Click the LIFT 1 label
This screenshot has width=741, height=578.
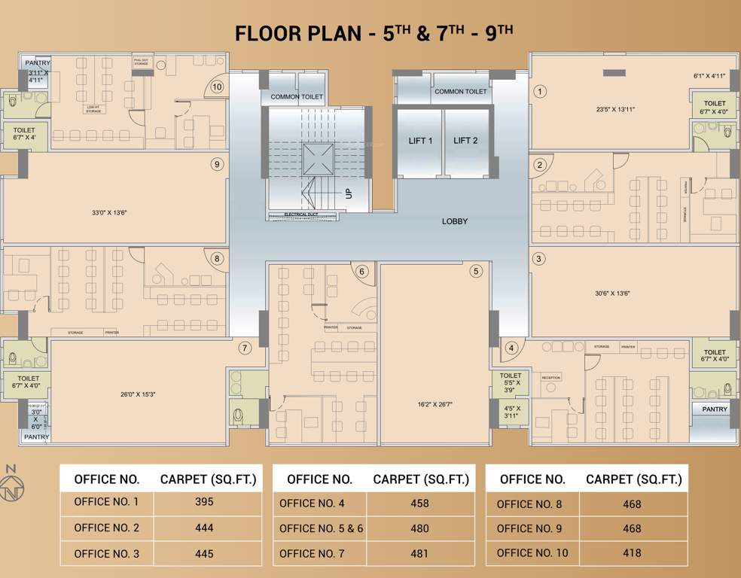(420, 141)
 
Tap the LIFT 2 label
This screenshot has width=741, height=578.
(465, 141)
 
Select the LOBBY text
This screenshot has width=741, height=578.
(455, 221)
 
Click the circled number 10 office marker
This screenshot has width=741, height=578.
(217, 87)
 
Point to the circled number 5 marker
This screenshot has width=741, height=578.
(476, 271)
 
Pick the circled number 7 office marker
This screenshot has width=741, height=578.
(244, 348)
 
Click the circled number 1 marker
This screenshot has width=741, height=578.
(539, 91)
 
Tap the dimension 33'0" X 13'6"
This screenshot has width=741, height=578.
(109, 213)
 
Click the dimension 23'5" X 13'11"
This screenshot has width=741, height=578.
(615, 109)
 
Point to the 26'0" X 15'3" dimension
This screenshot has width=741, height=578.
(138, 394)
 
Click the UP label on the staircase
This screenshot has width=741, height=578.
(349, 193)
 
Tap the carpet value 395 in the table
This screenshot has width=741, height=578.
(204, 502)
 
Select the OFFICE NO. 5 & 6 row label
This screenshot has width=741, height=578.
(321, 528)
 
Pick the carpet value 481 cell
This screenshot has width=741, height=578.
(419, 554)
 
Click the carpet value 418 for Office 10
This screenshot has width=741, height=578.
(633, 553)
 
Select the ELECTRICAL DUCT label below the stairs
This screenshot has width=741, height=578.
(300, 214)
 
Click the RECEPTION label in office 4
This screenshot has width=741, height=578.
(551, 378)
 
